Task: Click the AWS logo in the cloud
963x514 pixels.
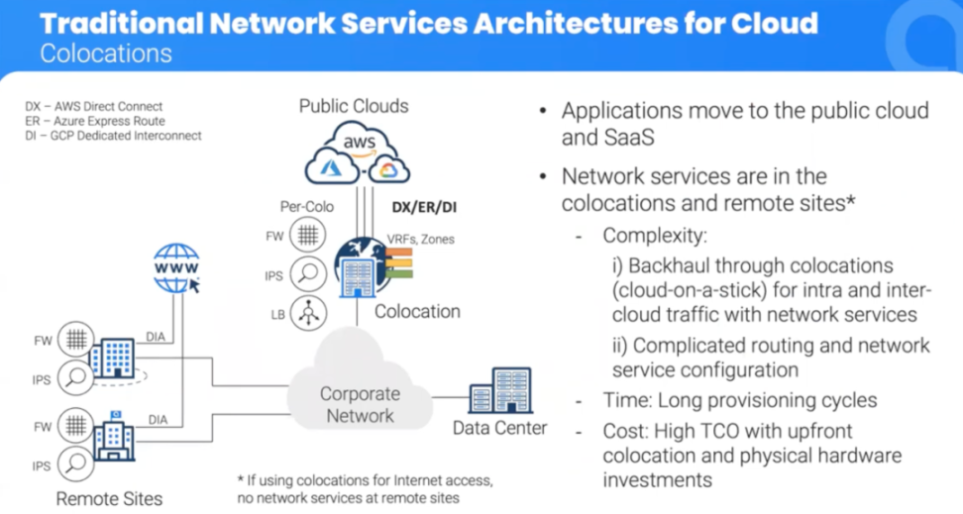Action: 359,145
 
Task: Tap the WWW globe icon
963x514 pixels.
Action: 175,267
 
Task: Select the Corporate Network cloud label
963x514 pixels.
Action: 360,404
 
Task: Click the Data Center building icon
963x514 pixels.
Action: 498,390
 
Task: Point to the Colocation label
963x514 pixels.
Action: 417,311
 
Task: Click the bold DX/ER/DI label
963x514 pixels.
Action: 424,208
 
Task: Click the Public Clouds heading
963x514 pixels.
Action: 354,105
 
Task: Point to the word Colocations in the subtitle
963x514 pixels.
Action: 106,52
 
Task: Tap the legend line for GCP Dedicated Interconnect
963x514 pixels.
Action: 113,135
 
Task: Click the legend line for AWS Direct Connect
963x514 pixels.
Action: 94,107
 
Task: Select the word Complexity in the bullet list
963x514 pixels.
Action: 653,238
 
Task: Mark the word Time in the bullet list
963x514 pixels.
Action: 624,401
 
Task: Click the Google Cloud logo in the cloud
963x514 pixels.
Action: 386,171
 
